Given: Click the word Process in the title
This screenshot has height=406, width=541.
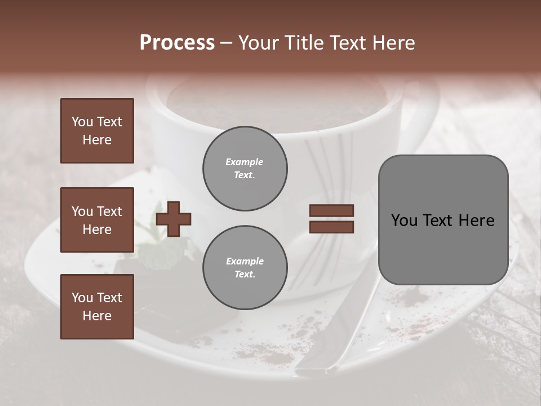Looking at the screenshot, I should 177,43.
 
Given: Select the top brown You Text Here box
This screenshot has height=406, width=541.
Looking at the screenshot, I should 97,131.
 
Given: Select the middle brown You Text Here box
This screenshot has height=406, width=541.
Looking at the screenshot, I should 97,220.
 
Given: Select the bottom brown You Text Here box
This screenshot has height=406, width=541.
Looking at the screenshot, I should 97,306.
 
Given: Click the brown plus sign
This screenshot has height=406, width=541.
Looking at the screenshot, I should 174,219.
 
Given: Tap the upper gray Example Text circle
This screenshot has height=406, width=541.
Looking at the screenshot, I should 245,169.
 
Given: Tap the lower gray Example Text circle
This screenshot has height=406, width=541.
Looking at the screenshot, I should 245,268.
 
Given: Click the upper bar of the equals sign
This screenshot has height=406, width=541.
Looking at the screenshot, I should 331,211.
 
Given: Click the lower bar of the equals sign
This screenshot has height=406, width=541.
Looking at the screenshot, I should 331,227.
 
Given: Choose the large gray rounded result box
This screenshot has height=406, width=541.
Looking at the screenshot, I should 443,220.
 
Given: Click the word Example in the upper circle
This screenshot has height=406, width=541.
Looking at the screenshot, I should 245,162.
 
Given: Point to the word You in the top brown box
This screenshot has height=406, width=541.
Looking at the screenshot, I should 81,122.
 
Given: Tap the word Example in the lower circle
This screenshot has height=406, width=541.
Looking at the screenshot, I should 245,261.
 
